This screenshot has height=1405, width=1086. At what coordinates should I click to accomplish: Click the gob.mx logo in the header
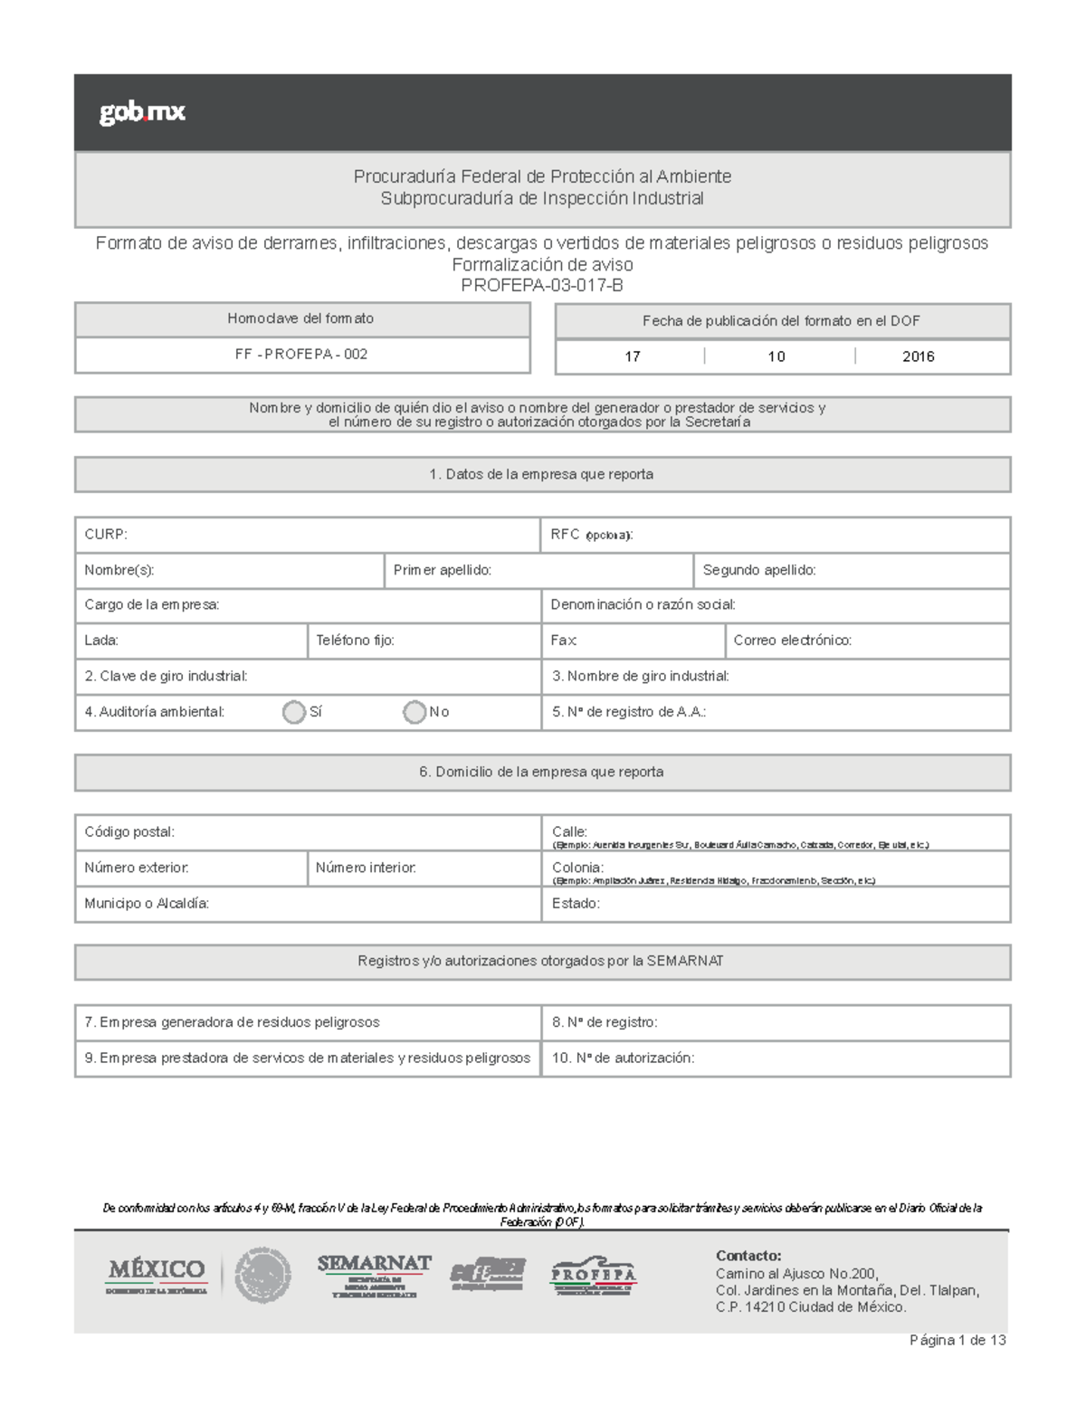[142, 112]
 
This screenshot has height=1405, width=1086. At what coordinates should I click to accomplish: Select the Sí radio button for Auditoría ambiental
[294, 712]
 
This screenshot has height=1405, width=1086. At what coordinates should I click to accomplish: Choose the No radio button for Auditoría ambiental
[414, 712]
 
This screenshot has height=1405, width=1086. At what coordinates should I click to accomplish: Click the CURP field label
[106, 535]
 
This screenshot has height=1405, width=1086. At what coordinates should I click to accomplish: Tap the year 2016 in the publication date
[918, 356]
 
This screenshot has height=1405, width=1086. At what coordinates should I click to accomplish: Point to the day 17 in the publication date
[633, 356]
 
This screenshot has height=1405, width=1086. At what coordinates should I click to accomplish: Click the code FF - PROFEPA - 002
[301, 355]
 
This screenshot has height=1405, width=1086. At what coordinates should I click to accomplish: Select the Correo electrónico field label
[792, 641]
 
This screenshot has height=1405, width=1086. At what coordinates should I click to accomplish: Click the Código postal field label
[129, 832]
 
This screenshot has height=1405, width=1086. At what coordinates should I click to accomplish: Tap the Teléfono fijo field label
[355, 641]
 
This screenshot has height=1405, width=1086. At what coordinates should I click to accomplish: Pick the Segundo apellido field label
[759, 570]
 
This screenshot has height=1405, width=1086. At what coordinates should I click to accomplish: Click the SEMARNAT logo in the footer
[374, 1276]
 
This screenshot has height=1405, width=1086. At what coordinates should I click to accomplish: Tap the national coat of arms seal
[262, 1276]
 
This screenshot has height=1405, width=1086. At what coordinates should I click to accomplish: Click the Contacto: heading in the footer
[748, 1256]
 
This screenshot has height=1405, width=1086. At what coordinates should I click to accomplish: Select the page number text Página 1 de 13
[957, 1340]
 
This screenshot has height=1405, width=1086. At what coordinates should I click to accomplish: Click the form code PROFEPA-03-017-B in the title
[542, 286]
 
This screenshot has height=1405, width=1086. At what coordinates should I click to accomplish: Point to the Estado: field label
[576, 904]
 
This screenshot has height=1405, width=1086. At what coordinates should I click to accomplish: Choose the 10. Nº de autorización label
[624, 1058]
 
